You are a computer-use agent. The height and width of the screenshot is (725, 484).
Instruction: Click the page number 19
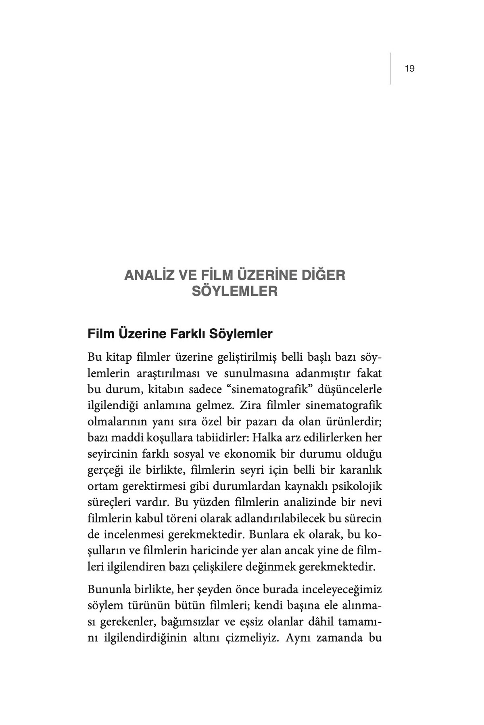point(409,68)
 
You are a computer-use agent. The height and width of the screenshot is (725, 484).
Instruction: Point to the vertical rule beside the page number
point(390,68)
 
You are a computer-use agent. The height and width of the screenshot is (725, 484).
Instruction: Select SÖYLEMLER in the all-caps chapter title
point(235,291)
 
